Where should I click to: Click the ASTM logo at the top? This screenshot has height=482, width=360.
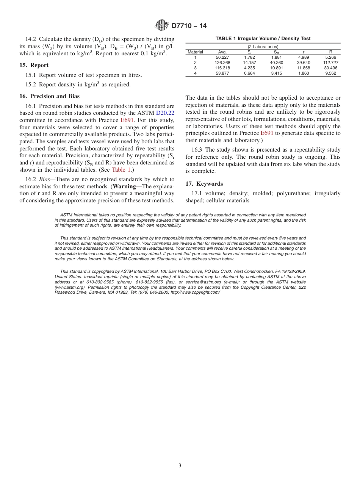tap(162, 26)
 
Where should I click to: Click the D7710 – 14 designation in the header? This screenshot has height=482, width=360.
tap(189, 26)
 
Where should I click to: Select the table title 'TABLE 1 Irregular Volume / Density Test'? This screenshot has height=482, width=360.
tap(263, 39)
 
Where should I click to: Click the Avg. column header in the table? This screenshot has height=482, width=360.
tap(222, 52)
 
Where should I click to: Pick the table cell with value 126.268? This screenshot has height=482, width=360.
tap(222, 63)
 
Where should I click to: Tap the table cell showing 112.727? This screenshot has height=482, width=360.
tap(330, 63)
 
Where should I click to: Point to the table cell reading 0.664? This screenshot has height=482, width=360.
tap(249, 73)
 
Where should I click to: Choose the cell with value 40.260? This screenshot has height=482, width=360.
tap(277, 63)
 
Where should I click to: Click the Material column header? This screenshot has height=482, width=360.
tap(196, 52)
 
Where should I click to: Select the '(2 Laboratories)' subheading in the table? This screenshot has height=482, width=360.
tap(263, 47)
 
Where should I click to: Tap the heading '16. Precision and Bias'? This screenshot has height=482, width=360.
tap(49, 96)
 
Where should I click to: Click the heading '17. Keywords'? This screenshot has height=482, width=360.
tap(204, 184)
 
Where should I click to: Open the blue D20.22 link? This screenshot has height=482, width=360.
tap(165, 113)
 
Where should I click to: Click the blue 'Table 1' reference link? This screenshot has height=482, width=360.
tap(121, 170)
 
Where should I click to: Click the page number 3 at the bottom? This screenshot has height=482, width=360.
tap(180, 466)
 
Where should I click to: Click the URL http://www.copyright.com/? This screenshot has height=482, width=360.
tap(195, 292)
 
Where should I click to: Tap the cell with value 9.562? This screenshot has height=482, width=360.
tap(330, 73)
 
